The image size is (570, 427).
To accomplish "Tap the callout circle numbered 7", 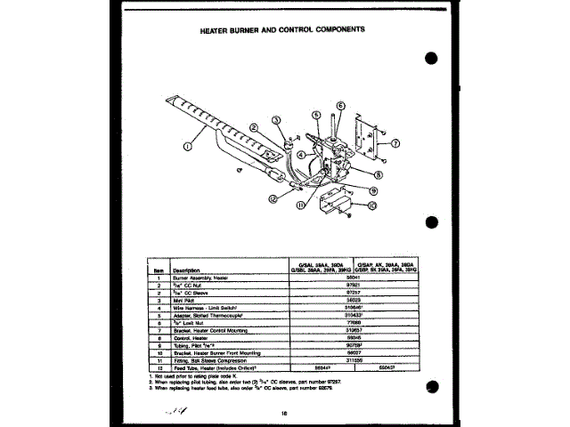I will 395,142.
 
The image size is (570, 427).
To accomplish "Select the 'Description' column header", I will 186,270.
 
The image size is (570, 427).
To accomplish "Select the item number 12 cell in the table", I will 158,367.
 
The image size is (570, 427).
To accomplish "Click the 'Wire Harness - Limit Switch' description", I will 208,308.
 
